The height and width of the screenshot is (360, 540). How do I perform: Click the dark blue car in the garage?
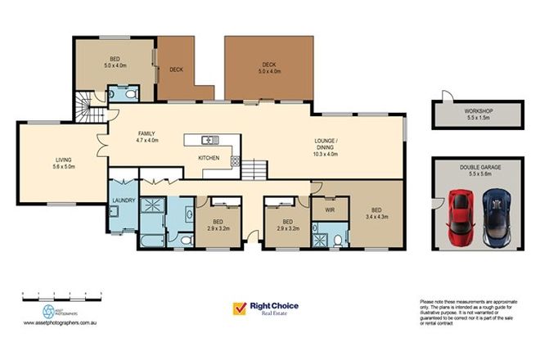[496, 218]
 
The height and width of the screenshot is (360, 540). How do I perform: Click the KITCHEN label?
[209, 158]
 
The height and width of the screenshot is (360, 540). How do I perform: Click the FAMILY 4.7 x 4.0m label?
[147, 138]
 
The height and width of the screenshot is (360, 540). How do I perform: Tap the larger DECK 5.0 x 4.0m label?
[269, 68]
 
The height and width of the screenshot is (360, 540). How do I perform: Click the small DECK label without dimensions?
[175, 70]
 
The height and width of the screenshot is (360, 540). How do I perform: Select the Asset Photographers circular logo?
[47, 312]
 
